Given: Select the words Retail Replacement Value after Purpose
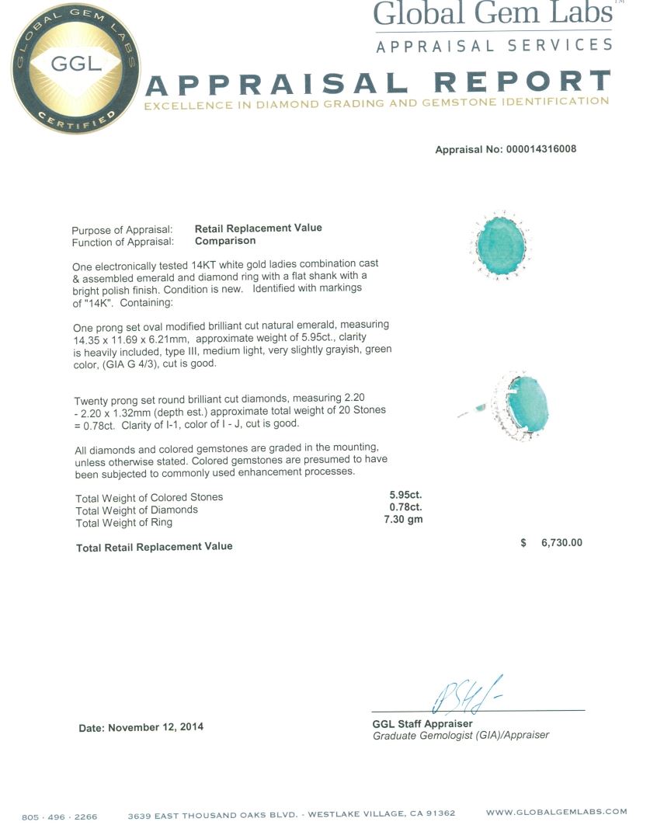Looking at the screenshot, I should click(x=258, y=228).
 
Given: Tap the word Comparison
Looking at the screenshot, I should click(x=225, y=241).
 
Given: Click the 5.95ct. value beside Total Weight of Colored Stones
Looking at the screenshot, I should click(x=405, y=494).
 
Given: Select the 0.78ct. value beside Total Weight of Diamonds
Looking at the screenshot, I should click(x=405, y=507).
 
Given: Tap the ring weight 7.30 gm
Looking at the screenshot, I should click(x=404, y=519).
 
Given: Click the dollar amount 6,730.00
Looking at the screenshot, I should click(x=561, y=543).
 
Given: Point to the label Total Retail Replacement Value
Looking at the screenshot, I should click(x=154, y=547).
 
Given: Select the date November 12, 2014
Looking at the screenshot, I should click(x=156, y=728).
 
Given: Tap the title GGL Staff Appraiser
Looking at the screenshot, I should click(x=422, y=724).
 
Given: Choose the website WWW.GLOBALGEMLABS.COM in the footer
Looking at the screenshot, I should click(x=556, y=812).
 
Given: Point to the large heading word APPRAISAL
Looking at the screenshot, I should click(x=276, y=82).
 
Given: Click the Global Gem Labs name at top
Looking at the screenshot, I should click(x=493, y=14).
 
